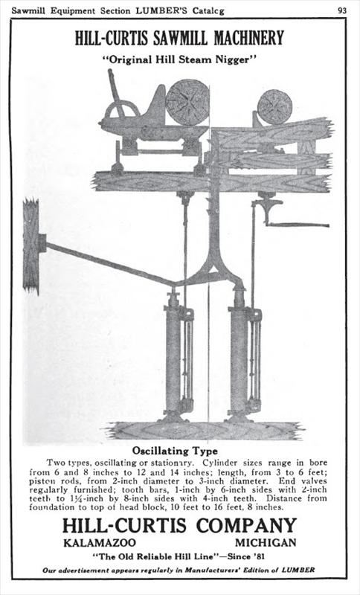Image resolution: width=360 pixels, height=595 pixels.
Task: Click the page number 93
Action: tap(342, 10)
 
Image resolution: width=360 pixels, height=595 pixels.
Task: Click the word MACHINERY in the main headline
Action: tap(249, 38)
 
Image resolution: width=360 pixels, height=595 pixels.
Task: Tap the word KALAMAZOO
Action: tap(100, 543)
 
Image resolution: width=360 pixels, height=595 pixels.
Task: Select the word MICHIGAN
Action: tap(266, 543)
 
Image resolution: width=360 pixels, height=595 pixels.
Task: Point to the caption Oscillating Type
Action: tap(175, 451)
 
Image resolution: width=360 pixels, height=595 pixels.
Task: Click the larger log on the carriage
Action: tap(187, 102)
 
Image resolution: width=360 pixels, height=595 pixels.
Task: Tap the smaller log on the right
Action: tap(275, 107)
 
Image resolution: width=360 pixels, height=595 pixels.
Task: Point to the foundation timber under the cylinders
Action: tap(205, 431)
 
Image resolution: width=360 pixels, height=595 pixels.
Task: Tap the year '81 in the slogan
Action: tap(257, 556)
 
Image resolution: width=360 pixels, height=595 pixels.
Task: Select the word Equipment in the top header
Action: tap(73, 11)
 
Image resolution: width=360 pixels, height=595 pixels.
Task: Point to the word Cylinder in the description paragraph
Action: tap(220, 463)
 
